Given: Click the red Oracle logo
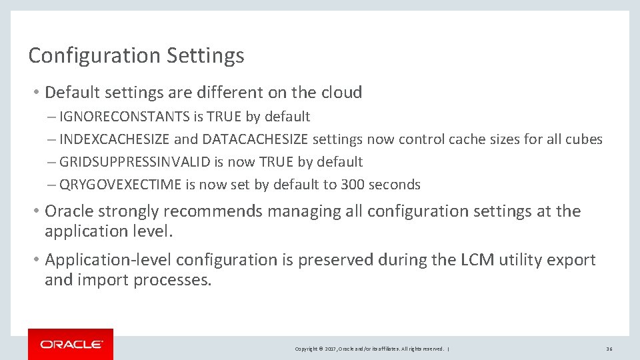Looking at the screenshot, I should coord(71,344).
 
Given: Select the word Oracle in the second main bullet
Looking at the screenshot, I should coord(70,211).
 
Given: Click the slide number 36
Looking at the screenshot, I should coord(609,349).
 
